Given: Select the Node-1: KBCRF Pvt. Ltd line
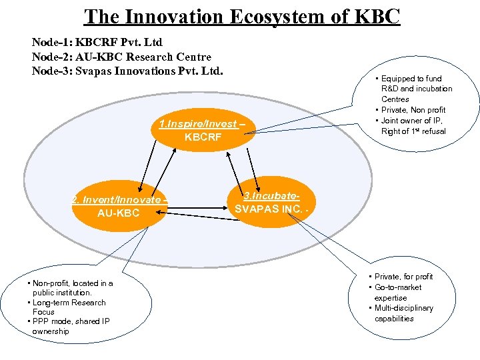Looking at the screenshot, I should coord(97,43).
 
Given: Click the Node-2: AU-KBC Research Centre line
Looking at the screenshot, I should coord(121,57).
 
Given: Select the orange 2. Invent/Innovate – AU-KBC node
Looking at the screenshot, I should coord(119,206).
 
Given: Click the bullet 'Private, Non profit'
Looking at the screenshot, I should coord(413,110).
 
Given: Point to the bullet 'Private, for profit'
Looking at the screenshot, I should coord(403,277).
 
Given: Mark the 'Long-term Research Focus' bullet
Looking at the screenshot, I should coord(69,307).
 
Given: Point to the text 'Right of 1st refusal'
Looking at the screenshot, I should coord(413,131).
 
